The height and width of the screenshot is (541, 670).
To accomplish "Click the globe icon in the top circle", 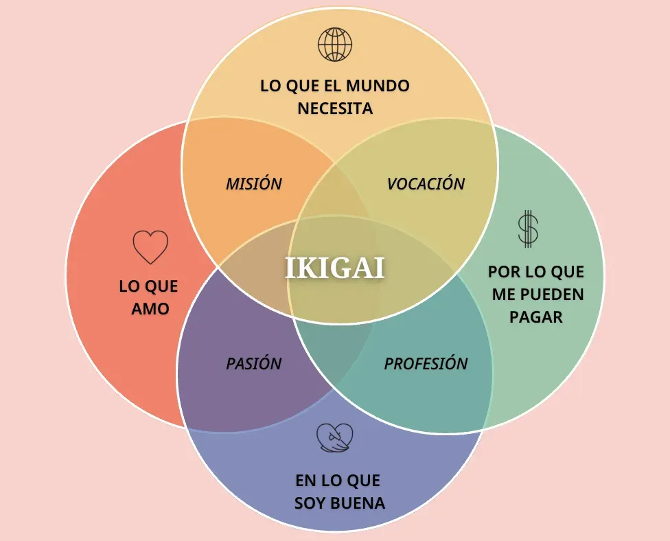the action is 335,45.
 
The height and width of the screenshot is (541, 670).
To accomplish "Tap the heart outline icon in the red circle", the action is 150,247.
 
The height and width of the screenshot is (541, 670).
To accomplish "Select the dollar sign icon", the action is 528,229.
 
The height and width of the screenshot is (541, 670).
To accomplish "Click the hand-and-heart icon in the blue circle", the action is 335,437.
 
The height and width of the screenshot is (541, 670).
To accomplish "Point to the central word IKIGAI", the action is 335,268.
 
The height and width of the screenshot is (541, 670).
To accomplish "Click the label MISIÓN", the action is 254,184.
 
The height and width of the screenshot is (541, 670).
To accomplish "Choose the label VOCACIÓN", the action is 426,184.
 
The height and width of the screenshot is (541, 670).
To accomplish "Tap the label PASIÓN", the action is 254,364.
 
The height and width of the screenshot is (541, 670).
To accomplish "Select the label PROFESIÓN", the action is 426,364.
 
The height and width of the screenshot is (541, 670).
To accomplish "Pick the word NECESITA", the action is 335,108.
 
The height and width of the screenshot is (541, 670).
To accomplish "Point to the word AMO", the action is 150,308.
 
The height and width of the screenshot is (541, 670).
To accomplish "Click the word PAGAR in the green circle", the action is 536,317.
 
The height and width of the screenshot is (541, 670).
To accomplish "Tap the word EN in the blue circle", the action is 305,481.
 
